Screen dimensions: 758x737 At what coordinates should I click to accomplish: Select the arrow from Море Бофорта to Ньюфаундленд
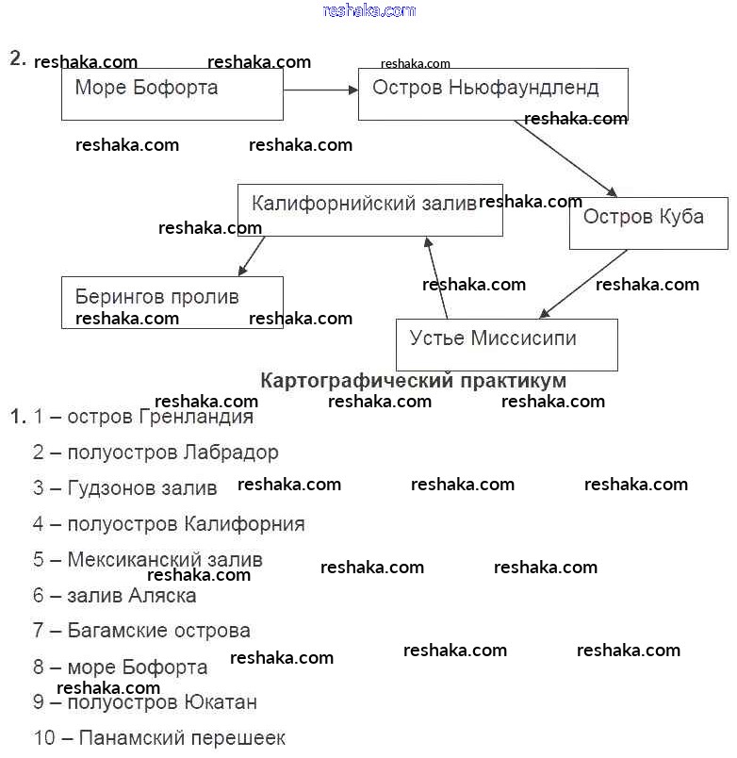(x=320, y=90)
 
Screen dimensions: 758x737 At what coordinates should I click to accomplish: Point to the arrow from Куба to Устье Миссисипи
(x=582, y=284)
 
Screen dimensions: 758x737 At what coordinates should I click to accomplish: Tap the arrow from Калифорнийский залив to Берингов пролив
(x=252, y=255)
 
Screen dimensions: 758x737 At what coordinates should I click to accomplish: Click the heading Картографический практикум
(x=413, y=381)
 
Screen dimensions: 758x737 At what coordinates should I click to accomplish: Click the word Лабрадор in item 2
(x=231, y=453)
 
